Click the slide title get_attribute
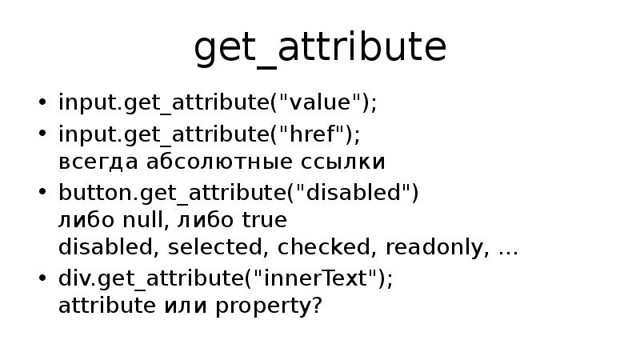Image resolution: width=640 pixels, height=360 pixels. [x=320, y=49]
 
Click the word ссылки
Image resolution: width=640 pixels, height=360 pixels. [x=350, y=162]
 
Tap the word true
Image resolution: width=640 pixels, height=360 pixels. [x=264, y=219]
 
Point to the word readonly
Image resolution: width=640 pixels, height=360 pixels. [x=435, y=247]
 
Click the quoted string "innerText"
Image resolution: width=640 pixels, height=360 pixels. [x=328, y=278]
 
